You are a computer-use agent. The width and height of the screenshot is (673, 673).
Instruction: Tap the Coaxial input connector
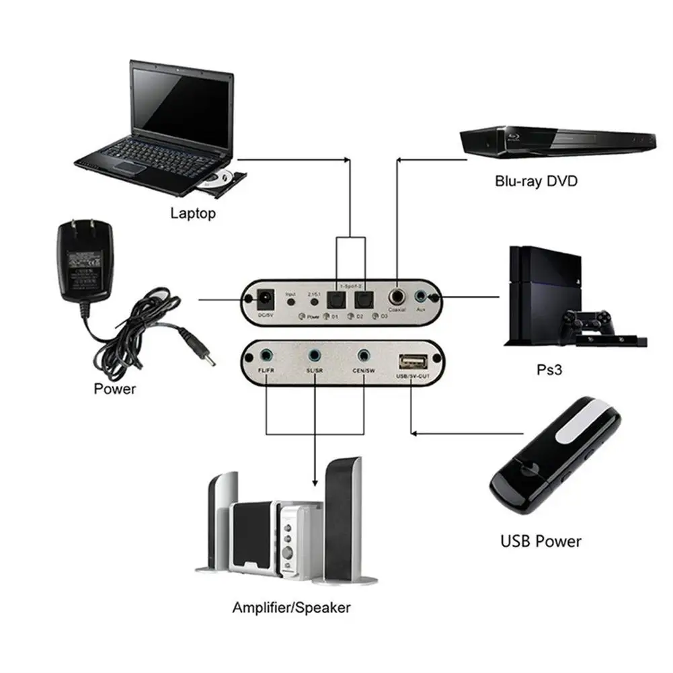click(398, 295)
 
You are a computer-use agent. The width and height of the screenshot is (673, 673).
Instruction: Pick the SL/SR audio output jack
click(314, 354)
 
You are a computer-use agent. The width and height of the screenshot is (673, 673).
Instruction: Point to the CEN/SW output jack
click(364, 354)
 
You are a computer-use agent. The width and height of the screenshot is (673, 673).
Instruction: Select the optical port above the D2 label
click(364, 299)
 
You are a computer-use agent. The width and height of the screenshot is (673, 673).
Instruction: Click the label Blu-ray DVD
click(536, 181)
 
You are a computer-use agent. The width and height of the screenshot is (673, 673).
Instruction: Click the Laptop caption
click(193, 214)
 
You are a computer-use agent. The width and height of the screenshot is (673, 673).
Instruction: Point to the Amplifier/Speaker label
click(291, 608)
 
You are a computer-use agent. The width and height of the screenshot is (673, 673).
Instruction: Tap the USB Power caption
click(541, 541)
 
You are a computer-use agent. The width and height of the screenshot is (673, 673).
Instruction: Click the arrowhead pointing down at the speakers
click(314, 483)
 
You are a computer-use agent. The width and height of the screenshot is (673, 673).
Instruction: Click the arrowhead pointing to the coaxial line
click(401, 159)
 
